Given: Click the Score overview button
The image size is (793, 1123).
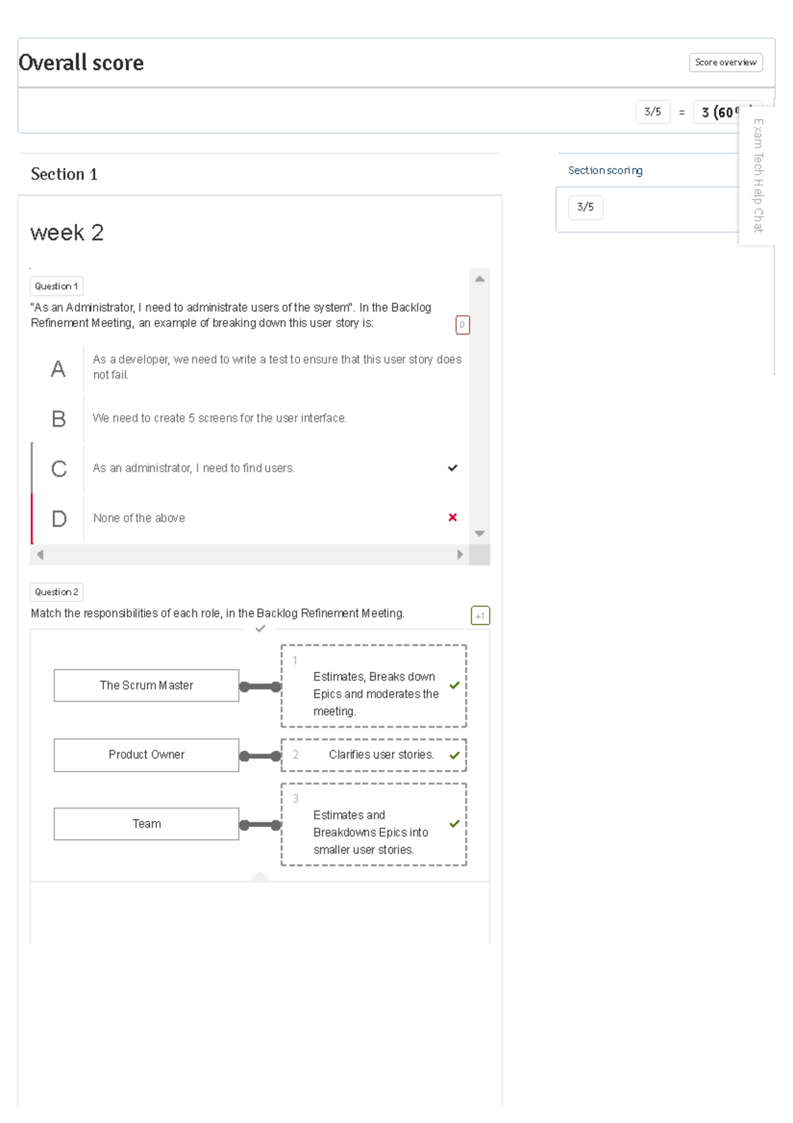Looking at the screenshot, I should pos(725,62).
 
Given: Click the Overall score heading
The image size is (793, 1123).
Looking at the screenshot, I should pos(81,63).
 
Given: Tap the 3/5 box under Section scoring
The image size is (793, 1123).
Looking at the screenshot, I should pos(585,207).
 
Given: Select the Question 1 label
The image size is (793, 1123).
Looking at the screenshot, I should pos(56,286).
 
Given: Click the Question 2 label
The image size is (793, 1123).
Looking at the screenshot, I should pos(56,592).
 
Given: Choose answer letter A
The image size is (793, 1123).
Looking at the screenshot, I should pos(58,369).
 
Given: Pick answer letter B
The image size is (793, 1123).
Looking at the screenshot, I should pos(58,419).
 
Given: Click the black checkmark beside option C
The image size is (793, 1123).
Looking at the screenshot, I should pos(453,468).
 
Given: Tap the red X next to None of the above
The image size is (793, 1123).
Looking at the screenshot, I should pos(453,518).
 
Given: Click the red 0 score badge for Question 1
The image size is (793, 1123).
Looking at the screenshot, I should pos(462,325).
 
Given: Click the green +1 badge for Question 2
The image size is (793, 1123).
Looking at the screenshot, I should pos(480,615).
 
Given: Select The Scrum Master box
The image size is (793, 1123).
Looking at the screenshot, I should pos(146,685).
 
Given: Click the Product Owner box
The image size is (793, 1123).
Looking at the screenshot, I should pos(146,755).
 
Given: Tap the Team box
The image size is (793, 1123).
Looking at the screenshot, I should pos(146,824).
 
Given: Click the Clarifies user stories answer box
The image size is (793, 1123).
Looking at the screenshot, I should pos(374,755).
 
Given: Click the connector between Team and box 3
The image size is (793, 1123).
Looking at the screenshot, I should pos(260,825).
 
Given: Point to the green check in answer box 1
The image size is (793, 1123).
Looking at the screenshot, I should pos(455,685).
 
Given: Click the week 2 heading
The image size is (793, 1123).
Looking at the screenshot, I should pos(67,233).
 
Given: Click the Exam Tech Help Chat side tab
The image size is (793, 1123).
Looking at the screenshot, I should pos(758,176).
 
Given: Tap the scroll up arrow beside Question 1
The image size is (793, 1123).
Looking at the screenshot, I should pos(480,279).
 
